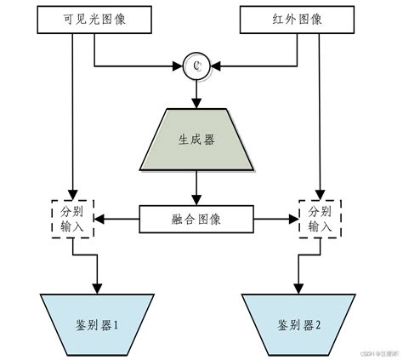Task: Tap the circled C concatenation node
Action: (x=196, y=65)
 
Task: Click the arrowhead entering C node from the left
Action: (x=180, y=65)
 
